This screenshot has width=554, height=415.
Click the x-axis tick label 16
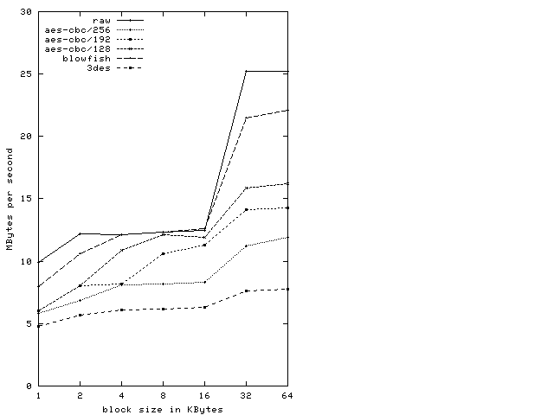(204, 396)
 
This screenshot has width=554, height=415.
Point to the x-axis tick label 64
(287, 396)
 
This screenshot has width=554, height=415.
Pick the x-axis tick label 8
(163, 396)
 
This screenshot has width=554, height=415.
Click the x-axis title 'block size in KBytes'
(163, 409)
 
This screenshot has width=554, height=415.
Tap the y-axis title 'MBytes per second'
(10, 199)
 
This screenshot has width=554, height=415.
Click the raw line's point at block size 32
(246, 72)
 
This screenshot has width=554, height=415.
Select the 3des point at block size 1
(38, 326)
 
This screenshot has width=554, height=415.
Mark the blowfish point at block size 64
(287, 110)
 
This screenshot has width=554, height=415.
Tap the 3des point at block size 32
(246, 291)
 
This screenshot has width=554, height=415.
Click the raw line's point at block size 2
(80, 233)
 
